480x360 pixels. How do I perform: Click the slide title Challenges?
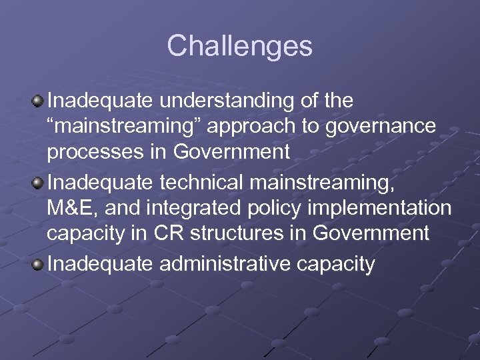[x=239, y=46]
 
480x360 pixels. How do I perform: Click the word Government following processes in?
[x=231, y=153]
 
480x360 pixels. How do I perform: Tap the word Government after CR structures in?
[x=371, y=234]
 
